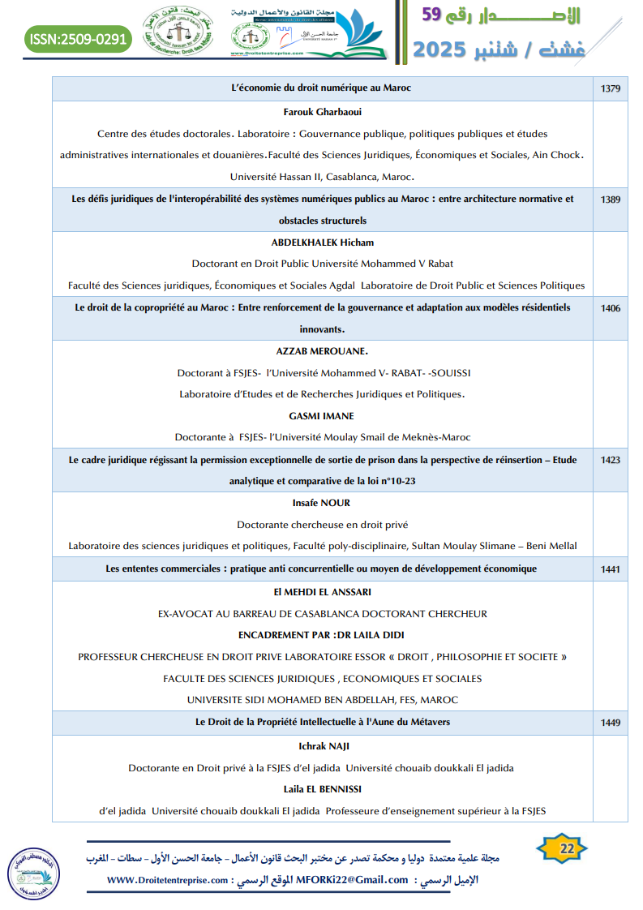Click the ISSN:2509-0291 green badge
(78, 38)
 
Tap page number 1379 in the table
(611, 88)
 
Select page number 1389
(611, 199)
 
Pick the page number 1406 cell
(611, 308)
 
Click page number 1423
(611, 460)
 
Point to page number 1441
(611, 569)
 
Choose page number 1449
(611, 722)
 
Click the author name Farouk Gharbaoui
(322, 112)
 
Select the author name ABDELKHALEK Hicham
(322, 243)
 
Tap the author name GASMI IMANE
(322, 415)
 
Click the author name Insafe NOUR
(322, 503)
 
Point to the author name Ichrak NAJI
(322, 746)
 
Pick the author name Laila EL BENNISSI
(322, 788)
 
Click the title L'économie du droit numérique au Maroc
(322, 88)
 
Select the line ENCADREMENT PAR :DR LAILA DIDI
(322, 635)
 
